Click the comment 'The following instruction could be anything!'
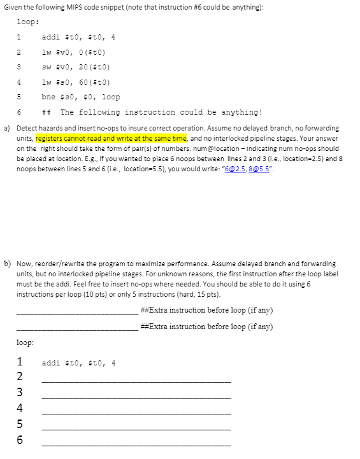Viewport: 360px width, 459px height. point(161,113)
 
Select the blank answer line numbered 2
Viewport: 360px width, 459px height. point(136,380)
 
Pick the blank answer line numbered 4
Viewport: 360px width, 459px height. point(136,412)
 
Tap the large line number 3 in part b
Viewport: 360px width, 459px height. point(20,392)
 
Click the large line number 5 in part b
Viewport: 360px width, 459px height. point(20,423)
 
